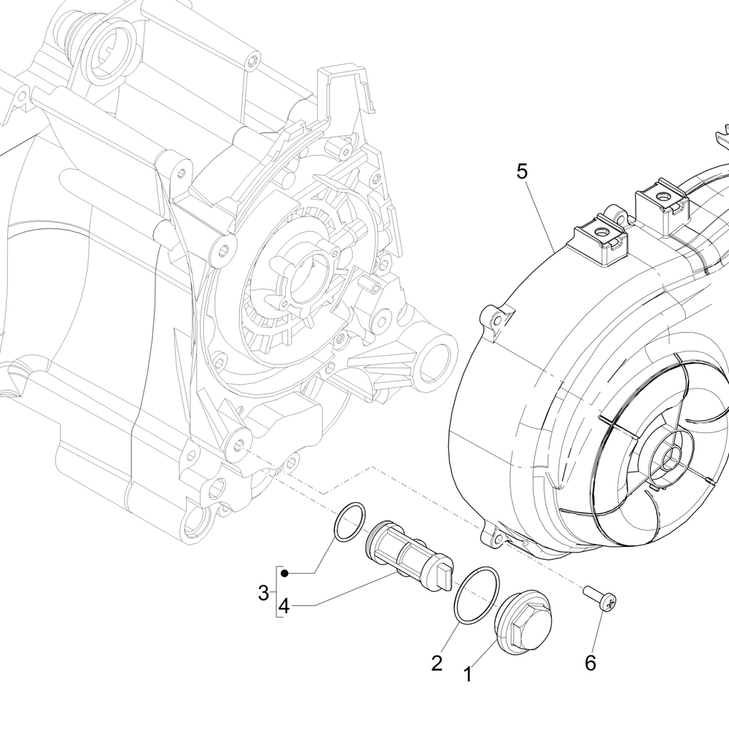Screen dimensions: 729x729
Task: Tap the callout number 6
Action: pyautogui.click(x=590, y=663)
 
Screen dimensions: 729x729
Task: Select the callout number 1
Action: pyautogui.click(x=467, y=675)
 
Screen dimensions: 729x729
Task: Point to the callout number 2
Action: pyautogui.click(x=437, y=663)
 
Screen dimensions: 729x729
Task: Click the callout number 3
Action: pyautogui.click(x=264, y=593)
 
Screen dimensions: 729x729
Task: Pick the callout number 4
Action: pyautogui.click(x=284, y=606)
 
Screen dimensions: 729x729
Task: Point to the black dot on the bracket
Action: pyautogui.click(x=285, y=574)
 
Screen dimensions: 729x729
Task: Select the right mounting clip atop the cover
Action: pyautogui.click(x=663, y=200)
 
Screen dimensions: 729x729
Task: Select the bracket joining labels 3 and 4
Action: pyautogui.click(x=276, y=590)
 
